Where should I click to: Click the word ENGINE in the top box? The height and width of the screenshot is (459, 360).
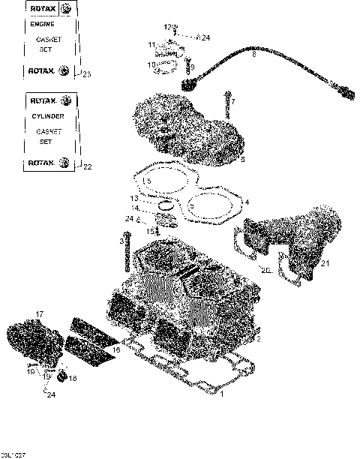pyautogui.click(x=41, y=24)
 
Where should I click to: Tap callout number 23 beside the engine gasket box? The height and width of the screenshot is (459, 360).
pyautogui.click(x=86, y=74)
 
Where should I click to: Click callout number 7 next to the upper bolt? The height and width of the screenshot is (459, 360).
pyautogui.click(x=232, y=101)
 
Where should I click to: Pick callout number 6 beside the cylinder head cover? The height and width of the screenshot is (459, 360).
pyautogui.click(x=241, y=159)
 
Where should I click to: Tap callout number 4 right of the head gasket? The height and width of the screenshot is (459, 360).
pyautogui.click(x=246, y=202)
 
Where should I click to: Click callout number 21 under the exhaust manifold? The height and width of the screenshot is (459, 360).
pyautogui.click(x=325, y=263)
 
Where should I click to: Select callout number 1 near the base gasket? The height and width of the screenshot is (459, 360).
pyautogui.click(x=221, y=394)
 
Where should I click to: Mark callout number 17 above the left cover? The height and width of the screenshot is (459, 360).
pyautogui.click(x=39, y=313)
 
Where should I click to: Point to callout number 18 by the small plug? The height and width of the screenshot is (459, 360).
pyautogui.click(x=72, y=379)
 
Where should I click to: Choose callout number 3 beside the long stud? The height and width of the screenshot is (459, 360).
pyautogui.click(x=121, y=241)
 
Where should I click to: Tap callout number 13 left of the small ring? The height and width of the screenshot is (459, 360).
pyautogui.click(x=133, y=199)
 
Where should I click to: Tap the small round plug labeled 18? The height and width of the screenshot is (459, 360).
pyautogui.click(x=61, y=374)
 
